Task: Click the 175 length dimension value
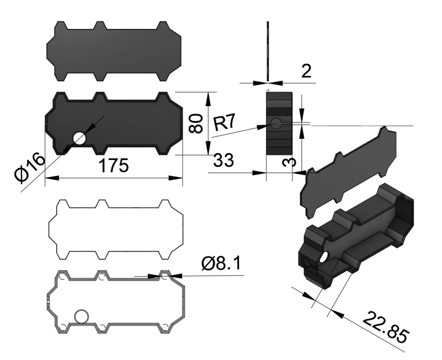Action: (114, 165)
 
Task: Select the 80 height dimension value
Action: (196, 123)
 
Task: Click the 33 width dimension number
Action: (224, 160)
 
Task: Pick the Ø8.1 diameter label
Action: (221, 264)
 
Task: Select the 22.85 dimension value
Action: (385, 327)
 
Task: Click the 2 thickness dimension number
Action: (306, 71)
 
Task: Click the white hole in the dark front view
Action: (80, 138)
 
